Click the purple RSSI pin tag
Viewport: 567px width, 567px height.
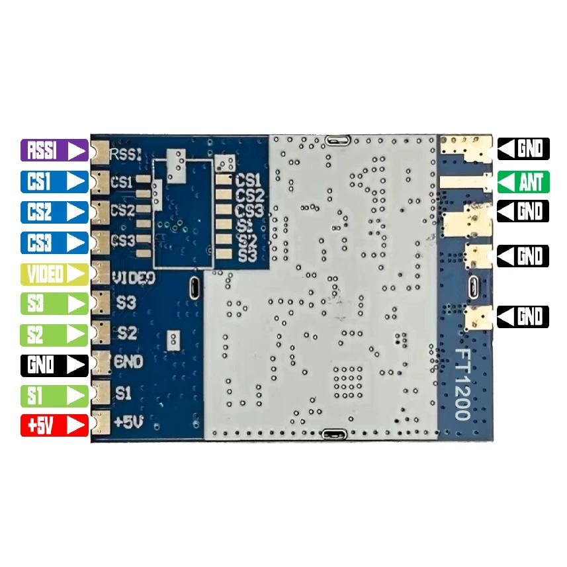coord(54,150)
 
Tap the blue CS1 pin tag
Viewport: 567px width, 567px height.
coord(54,181)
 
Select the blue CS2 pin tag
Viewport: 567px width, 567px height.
coord(54,212)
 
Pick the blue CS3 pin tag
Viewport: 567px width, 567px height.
coord(54,242)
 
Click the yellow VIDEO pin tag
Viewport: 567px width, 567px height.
coord(54,274)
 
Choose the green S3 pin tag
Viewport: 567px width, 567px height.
coord(54,304)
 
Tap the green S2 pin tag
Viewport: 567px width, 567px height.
coord(54,335)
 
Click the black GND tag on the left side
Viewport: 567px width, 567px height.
coord(54,366)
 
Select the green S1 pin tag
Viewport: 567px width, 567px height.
coord(54,396)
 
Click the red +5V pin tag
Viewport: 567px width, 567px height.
coord(54,425)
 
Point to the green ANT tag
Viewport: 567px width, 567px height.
coord(523,182)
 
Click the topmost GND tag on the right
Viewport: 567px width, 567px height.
coord(523,149)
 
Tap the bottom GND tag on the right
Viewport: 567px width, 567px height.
coord(523,317)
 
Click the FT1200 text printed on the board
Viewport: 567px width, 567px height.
coord(462,384)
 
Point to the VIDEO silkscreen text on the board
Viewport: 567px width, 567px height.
coord(134,278)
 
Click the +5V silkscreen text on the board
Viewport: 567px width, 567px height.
coord(128,422)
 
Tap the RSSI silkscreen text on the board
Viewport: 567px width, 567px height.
coord(126,155)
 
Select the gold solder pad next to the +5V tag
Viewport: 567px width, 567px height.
coord(101,422)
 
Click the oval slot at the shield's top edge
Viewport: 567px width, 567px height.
coord(337,140)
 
